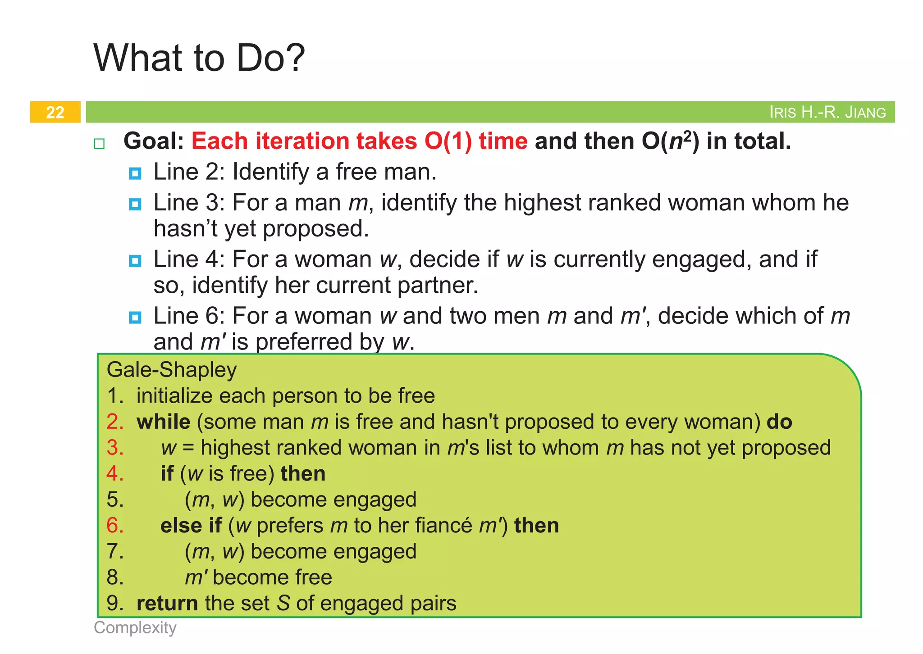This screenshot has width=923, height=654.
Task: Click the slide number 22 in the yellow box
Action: [55, 112]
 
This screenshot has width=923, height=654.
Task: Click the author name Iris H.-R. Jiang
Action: [827, 112]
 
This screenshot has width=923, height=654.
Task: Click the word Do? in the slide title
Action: [271, 58]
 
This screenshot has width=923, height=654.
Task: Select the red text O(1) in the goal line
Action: [448, 141]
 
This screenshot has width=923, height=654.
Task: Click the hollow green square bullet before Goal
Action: [99, 144]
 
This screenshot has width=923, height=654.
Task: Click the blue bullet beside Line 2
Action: [135, 173]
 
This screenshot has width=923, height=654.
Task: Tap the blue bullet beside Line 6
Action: [135, 318]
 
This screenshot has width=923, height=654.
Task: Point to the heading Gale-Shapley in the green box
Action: [172, 370]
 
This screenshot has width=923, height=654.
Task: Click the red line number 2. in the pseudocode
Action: [115, 422]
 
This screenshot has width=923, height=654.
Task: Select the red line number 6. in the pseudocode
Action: [115, 526]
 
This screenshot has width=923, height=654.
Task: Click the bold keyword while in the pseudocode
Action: [164, 422]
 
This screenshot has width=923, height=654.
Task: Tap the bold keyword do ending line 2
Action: [779, 422]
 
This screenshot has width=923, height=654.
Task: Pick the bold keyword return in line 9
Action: [167, 604]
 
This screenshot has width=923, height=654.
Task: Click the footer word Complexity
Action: [135, 627]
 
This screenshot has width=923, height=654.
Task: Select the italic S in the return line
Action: [283, 604]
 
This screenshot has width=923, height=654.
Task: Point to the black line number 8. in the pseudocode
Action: [115, 577]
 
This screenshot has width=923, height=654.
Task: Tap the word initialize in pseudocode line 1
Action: [175, 396]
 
